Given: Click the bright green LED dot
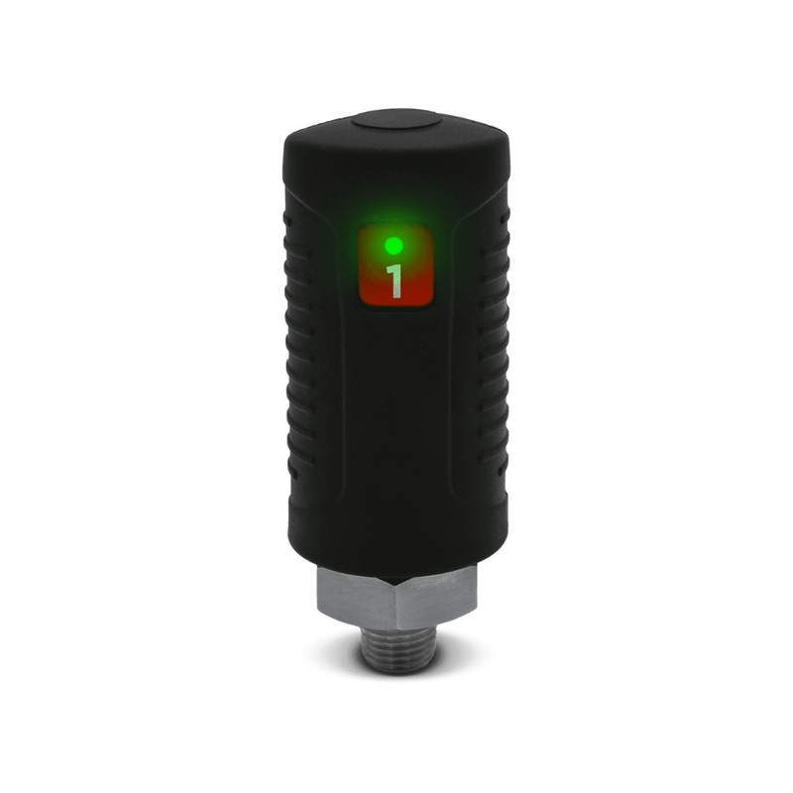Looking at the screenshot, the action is click(394, 246).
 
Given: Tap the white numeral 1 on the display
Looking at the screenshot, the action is click(395, 282).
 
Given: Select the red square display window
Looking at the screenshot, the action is click(396, 266).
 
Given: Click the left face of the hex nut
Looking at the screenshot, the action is click(356, 596).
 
